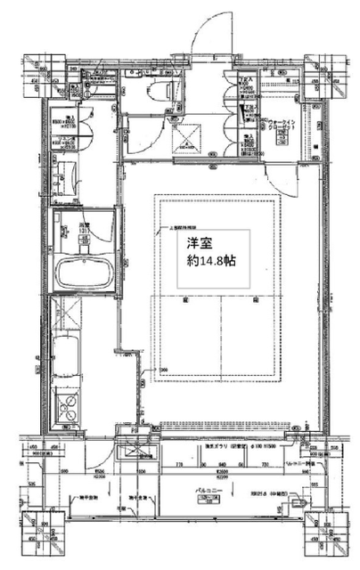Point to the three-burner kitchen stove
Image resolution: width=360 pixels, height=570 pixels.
68,405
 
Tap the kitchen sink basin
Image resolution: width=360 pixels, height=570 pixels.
66,358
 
